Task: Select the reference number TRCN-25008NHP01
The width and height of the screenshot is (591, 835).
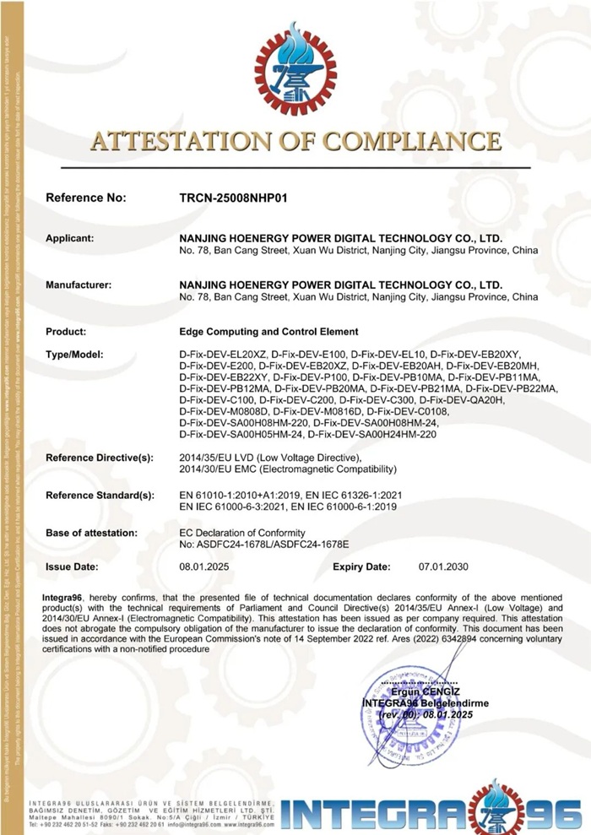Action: pyautogui.click(x=234, y=198)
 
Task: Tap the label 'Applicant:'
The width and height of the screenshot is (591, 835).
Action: pyautogui.click(x=70, y=239)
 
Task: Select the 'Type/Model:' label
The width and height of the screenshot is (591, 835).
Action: pyautogui.click(x=75, y=353)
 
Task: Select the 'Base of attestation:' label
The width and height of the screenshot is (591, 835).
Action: pyautogui.click(x=91, y=533)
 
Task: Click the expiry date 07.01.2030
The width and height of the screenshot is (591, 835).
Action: pyautogui.click(x=443, y=567)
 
